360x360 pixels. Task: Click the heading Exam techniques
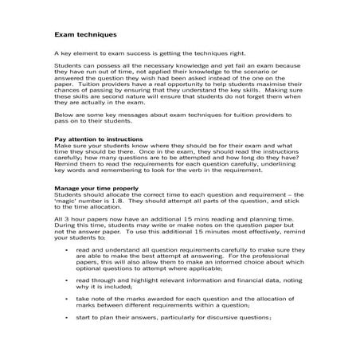click(x=85, y=35)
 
